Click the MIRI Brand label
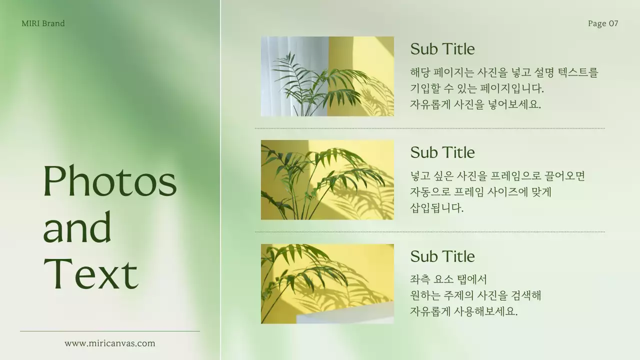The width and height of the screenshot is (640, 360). click(43, 23)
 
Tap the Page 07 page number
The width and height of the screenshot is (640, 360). click(603, 23)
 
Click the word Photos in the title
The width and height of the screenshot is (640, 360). click(110, 181)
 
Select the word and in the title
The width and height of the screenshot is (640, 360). click(77, 227)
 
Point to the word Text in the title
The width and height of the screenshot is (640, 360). click(90, 273)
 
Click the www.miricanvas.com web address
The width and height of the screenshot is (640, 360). click(110, 343)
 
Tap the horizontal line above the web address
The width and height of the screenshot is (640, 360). click(110, 331)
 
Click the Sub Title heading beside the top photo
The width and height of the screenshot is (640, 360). click(442, 49)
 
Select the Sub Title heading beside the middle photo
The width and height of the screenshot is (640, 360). click(442, 152)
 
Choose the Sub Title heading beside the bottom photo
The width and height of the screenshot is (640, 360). click(442, 256)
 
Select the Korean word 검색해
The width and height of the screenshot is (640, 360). click(526, 295)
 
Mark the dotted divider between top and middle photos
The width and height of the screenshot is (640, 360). click(430, 128)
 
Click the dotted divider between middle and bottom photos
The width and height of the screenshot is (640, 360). click(430, 232)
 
